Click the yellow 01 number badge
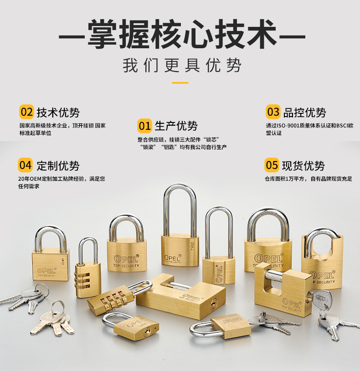pyautogui.click(x=144, y=126)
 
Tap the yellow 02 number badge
pyautogui.click(x=26, y=112)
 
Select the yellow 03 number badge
pyautogui.click(x=273, y=112)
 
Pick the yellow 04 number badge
pyautogui.click(x=26, y=165)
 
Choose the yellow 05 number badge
pyautogui.click(x=272, y=165)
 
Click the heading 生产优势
pyautogui.click(x=176, y=126)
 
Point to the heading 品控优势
pyautogui.click(x=304, y=112)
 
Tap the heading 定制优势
pyautogui.click(x=58, y=166)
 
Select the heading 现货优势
pyautogui.click(x=303, y=166)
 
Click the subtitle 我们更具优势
pyautogui.click(x=182, y=65)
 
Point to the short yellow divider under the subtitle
pyautogui.click(x=180, y=83)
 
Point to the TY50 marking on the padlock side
pyautogui.click(x=192, y=246)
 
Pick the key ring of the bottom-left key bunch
pyautogui.click(x=57, y=308)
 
